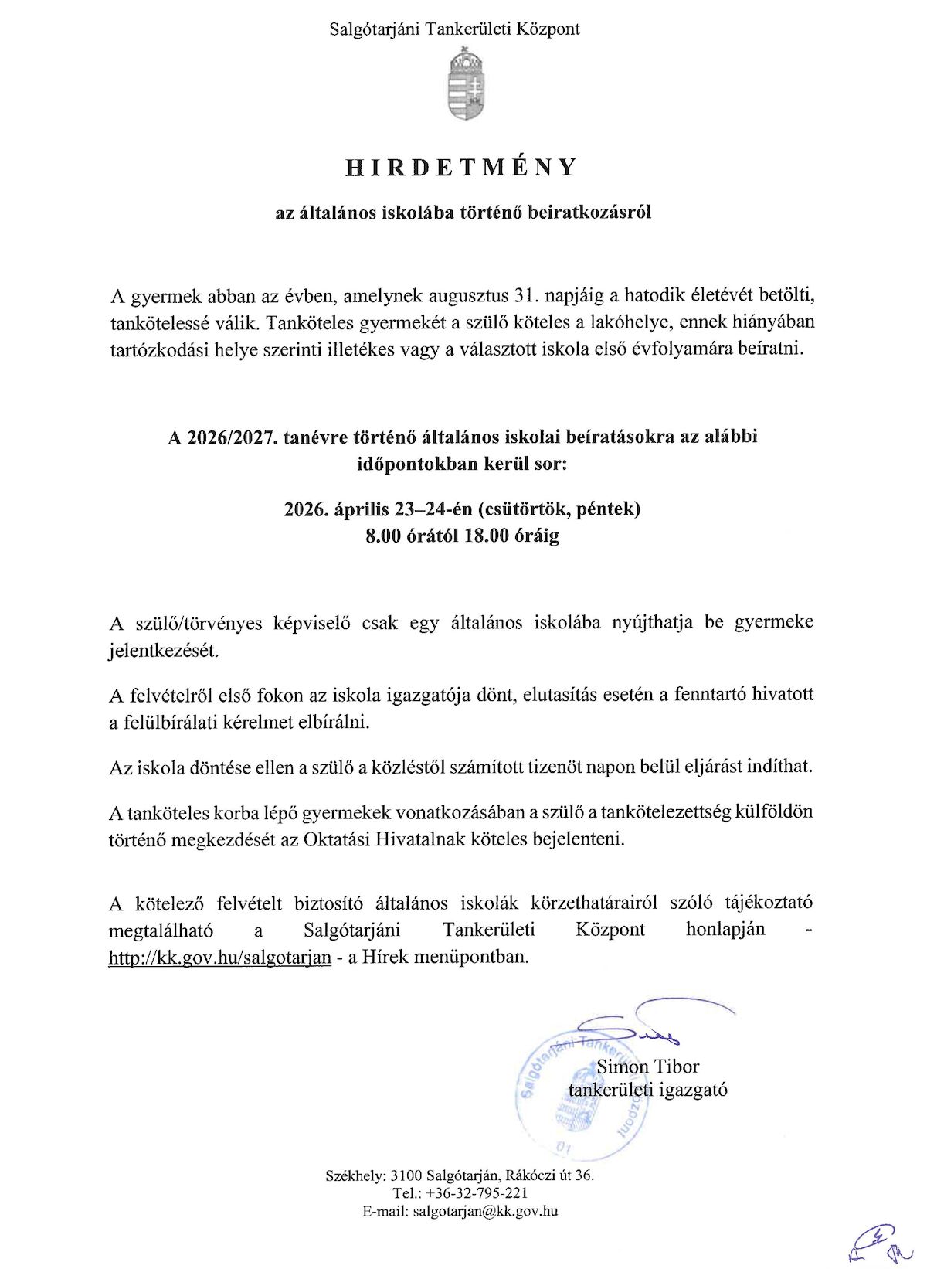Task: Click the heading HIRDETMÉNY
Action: pyautogui.click(x=461, y=168)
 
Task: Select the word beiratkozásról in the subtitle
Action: pyautogui.click(x=589, y=212)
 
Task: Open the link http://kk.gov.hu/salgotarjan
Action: pyautogui.click(x=220, y=957)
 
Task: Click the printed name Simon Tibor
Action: pyautogui.click(x=647, y=1067)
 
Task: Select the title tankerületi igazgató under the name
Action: pyautogui.click(x=647, y=1090)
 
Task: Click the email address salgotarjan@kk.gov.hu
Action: pyautogui.click(x=485, y=1211)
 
